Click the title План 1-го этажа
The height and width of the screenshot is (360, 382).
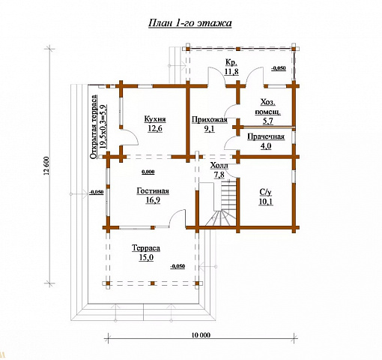pyautogui.click(x=190, y=23)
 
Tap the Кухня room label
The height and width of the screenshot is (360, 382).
pyautogui.click(x=155, y=119)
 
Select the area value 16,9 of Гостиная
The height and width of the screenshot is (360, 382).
pyautogui.click(x=153, y=200)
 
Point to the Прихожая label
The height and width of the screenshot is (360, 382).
pyautogui.click(x=210, y=120)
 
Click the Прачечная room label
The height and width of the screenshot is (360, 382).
pyautogui.click(x=266, y=136)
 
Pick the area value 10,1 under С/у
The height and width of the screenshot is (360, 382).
pyautogui.click(x=266, y=202)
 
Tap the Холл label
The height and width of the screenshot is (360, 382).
pyautogui.click(x=219, y=166)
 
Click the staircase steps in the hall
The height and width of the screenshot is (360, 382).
pyautogui.click(x=225, y=203)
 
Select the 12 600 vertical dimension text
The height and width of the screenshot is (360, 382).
pyautogui.click(x=48, y=166)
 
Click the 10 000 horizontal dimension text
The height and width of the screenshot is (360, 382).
pyautogui.click(x=201, y=335)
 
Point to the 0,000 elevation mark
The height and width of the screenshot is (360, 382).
pyautogui.click(x=148, y=172)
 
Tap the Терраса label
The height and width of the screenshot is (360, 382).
pyautogui.click(x=146, y=248)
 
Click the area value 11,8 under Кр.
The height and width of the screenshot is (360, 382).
pyautogui.click(x=231, y=71)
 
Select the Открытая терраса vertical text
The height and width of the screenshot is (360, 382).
pyautogui.click(x=94, y=127)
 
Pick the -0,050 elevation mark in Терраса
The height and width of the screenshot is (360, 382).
pyautogui.click(x=178, y=266)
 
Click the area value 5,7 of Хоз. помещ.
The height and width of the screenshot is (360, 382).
pyautogui.click(x=268, y=121)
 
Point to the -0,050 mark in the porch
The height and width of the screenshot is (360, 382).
pyautogui.click(x=279, y=68)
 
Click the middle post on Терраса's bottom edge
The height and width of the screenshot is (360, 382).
pyautogui.click(x=153, y=283)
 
